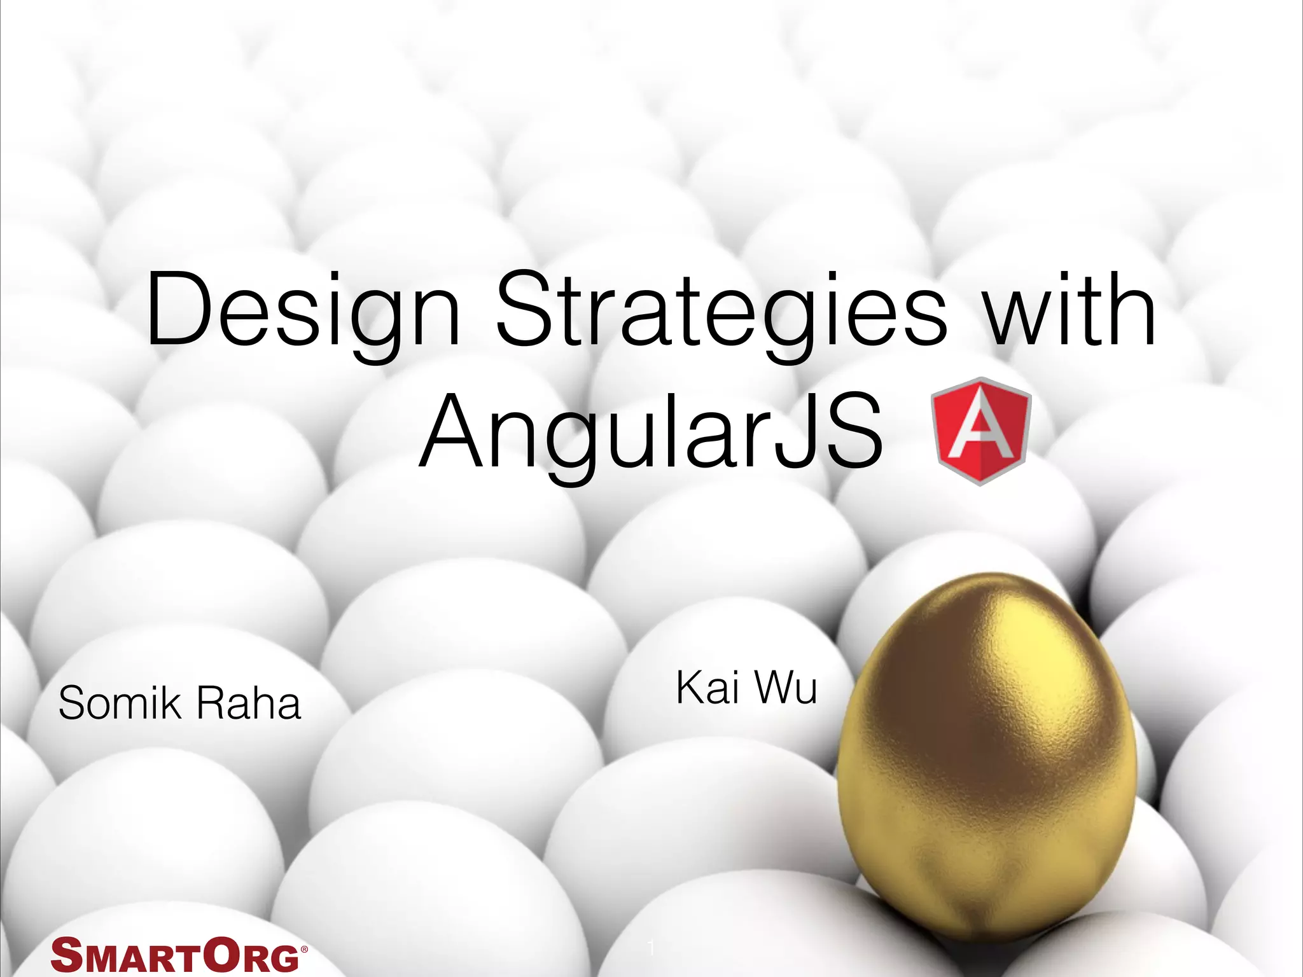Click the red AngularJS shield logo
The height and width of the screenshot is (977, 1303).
pos(980,431)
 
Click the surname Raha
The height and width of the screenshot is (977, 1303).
pos(249,704)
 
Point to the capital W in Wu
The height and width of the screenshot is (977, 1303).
pos(771,688)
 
